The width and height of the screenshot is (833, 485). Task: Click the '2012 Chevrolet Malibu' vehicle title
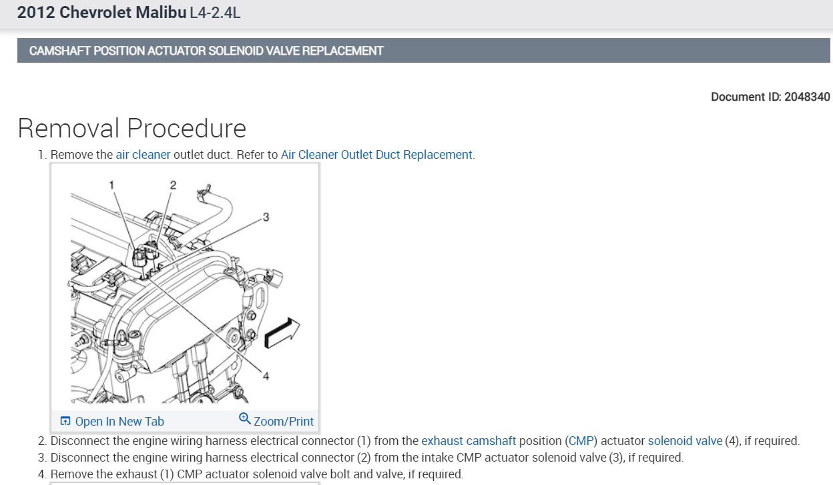point(101,13)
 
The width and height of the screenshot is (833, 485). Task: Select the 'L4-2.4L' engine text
point(215,13)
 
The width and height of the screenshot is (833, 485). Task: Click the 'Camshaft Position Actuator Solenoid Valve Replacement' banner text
point(206,51)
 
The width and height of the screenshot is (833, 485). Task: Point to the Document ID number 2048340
point(807,97)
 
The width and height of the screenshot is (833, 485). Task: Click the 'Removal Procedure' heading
point(131,128)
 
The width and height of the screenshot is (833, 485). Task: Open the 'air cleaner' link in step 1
point(143,155)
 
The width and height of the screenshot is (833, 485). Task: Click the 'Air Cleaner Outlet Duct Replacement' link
point(376,155)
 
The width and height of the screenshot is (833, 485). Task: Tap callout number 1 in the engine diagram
point(113,184)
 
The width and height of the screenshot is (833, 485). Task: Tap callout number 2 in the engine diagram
point(173,185)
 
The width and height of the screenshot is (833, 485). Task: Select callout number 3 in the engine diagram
point(266,217)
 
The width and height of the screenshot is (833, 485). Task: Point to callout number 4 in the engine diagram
point(266,376)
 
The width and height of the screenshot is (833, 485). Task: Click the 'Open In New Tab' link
point(119,421)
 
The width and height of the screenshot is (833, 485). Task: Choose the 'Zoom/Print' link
point(283,421)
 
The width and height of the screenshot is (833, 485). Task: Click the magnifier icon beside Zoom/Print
point(244,419)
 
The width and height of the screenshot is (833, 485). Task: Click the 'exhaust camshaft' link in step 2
point(469,441)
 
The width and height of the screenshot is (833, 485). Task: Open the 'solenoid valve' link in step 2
point(685,441)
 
